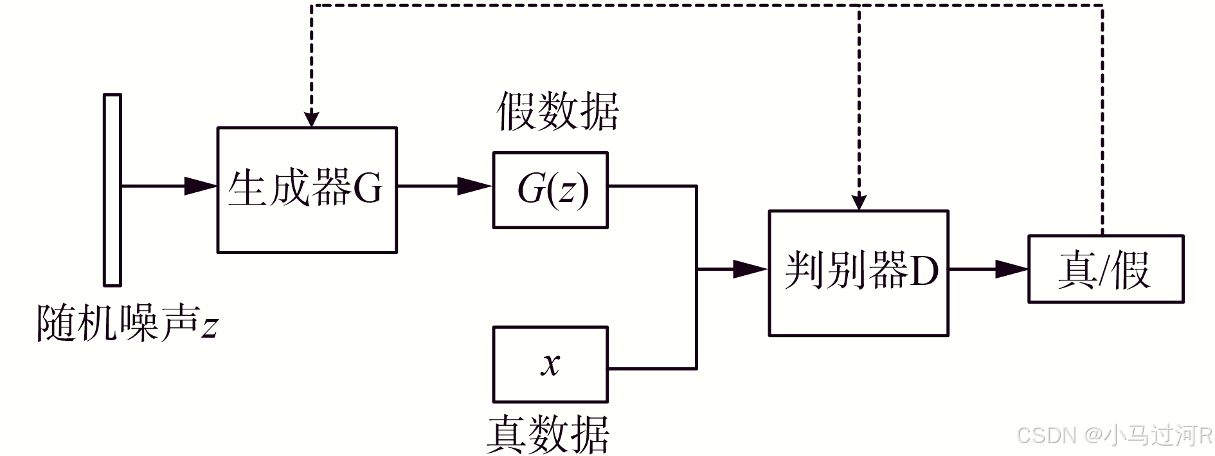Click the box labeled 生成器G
[x=307, y=190]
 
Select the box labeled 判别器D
[x=859, y=273]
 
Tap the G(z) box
[x=550, y=190]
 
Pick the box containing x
[x=550, y=365]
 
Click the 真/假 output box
[x=1106, y=269]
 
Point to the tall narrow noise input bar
[x=113, y=190]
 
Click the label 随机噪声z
[x=127, y=322]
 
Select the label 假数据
[x=558, y=111]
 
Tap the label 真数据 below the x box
[x=548, y=434]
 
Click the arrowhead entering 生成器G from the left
[x=201, y=186]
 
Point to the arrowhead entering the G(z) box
[x=476, y=186]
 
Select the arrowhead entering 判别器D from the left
[x=751, y=269]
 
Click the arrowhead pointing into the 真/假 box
[x=1012, y=269]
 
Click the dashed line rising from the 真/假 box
[x=1102, y=120]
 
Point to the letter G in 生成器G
[x=368, y=188]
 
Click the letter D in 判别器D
[x=924, y=270]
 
